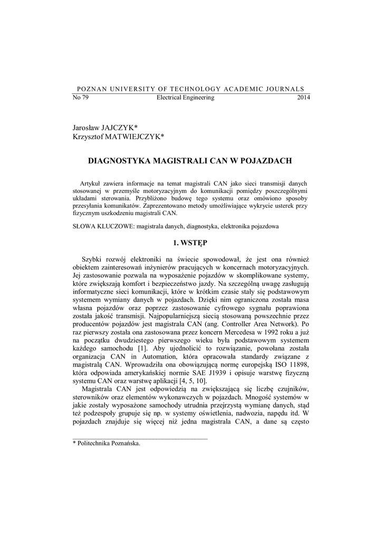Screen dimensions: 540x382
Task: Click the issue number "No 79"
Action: point(80,98)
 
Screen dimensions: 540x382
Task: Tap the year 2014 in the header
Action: point(304,98)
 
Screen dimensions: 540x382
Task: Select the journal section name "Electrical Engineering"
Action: point(185,98)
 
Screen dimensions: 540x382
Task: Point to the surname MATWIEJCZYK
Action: point(133,137)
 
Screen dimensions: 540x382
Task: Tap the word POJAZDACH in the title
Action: point(269,159)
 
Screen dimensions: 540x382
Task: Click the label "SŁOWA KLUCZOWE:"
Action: point(103,226)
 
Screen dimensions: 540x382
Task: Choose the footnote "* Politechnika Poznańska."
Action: point(107,444)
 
